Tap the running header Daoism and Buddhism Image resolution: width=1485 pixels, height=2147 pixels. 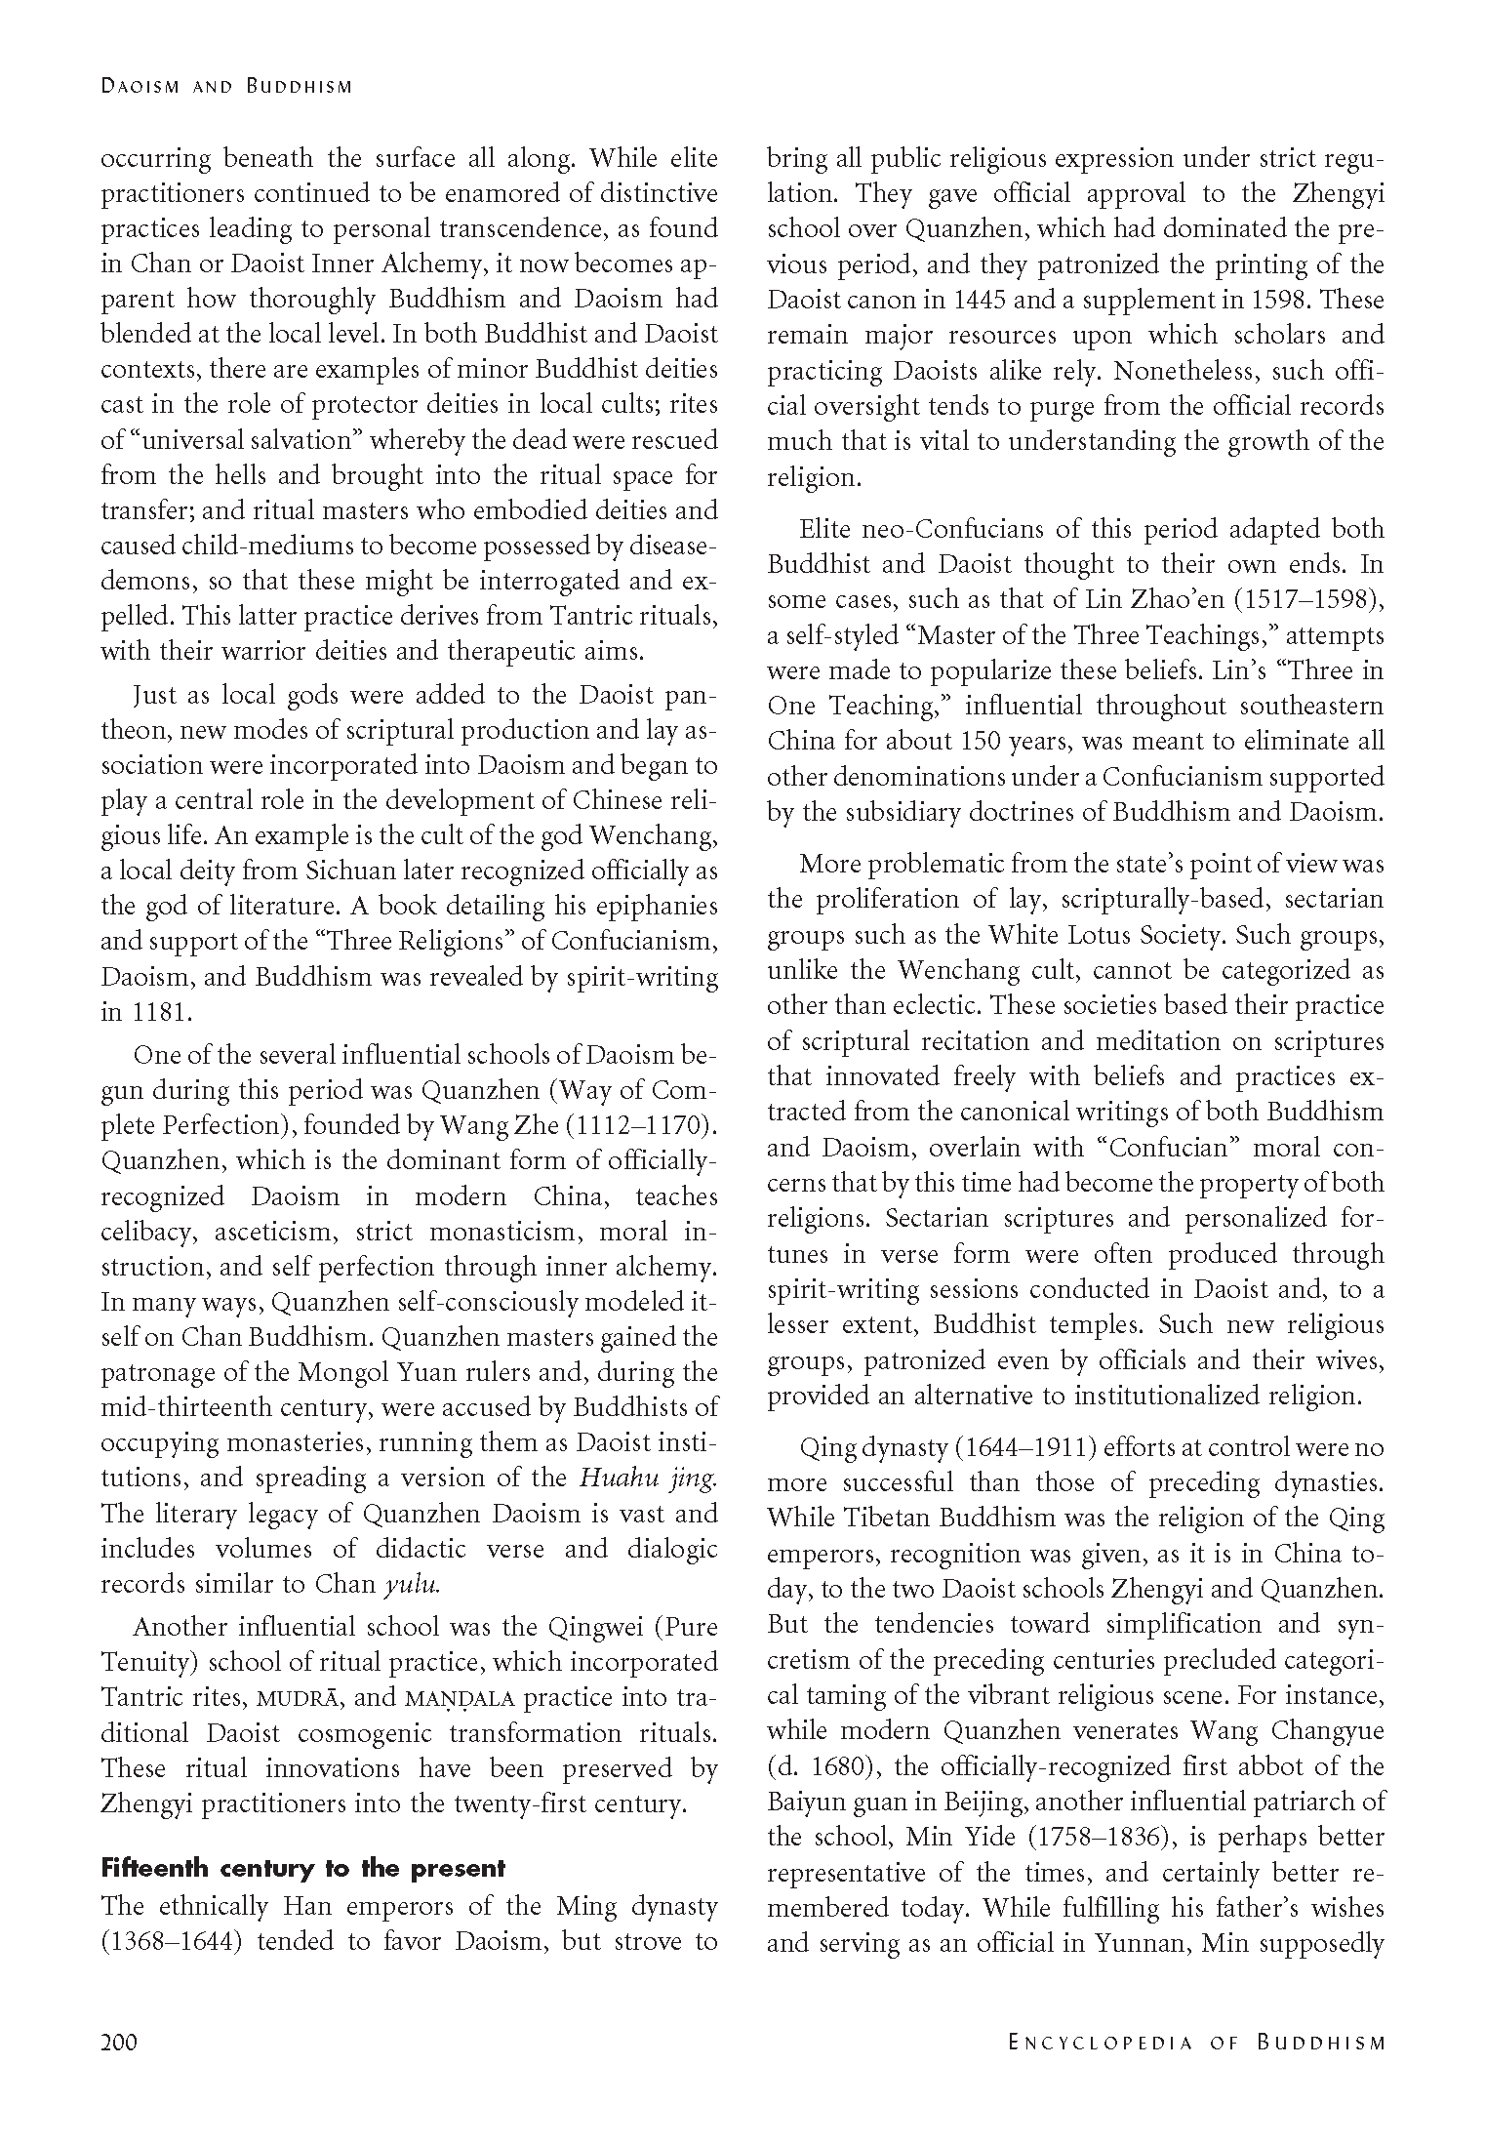[x=225, y=87]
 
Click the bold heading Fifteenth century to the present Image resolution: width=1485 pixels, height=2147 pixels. [x=302, y=1869]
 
